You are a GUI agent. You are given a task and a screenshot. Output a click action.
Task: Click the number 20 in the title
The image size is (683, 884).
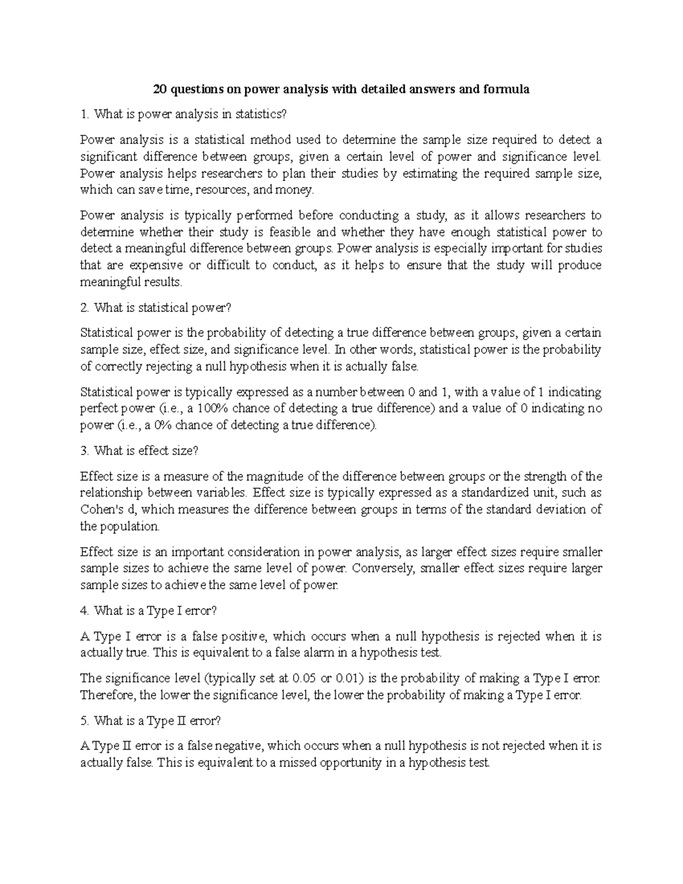tap(161, 89)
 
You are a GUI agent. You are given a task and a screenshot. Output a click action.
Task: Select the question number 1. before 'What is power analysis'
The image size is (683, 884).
tap(85, 114)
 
